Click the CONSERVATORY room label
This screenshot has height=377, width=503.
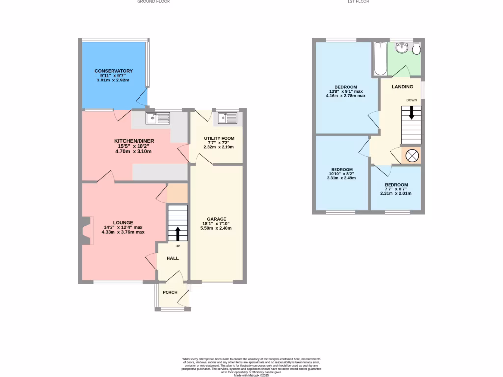pyautogui.click(x=113, y=71)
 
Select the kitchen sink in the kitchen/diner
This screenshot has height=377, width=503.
pyautogui.click(x=158, y=118)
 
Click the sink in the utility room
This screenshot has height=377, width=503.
pyautogui.click(x=227, y=118)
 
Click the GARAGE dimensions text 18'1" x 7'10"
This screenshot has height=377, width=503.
pyautogui.click(x=216, y=224)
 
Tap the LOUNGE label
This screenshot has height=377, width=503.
pyautogui.click(x=123, y=222)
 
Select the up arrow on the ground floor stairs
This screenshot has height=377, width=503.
pyautogui.click(x=177, y=234)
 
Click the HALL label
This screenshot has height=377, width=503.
pyautogui.click(x=172, y=258)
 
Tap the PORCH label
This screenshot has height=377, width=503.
pyautogui.click(x=170, y=292)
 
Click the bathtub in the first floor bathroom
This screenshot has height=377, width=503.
pyautogui.click(x=380, y=59)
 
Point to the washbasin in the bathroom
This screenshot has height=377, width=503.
pyautogui.click(x=402, y=48)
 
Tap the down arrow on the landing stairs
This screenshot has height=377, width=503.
pyautogui.click(x=411, y=113)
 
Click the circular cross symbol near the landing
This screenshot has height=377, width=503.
pyautogui.click(x=412, y=156)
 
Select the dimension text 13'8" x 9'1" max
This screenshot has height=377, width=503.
pyautogui.click(x=346, y=91)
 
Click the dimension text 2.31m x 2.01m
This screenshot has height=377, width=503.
pyautogui.click(x=396, y=193)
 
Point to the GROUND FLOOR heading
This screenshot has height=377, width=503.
pyautogui.click(x=153, y=2)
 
